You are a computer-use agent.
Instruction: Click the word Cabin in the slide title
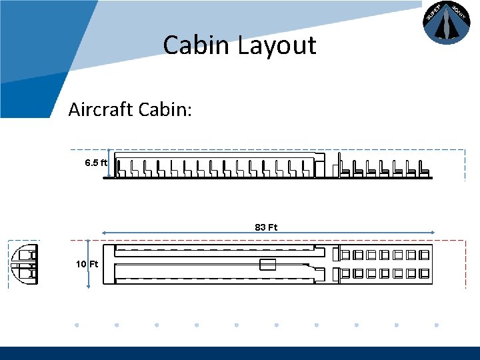pos(195,45)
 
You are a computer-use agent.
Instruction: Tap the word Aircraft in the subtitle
pos(100,109)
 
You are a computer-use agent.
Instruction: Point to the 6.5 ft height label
pos(96,163)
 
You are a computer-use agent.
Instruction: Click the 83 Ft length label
pos(266,227)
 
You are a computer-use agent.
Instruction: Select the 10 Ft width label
pos(87,264)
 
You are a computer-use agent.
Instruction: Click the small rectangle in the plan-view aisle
pos(267,264)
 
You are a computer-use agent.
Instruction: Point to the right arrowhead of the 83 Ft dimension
pos(432,233)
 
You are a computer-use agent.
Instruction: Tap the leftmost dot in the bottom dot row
pos(77,325)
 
